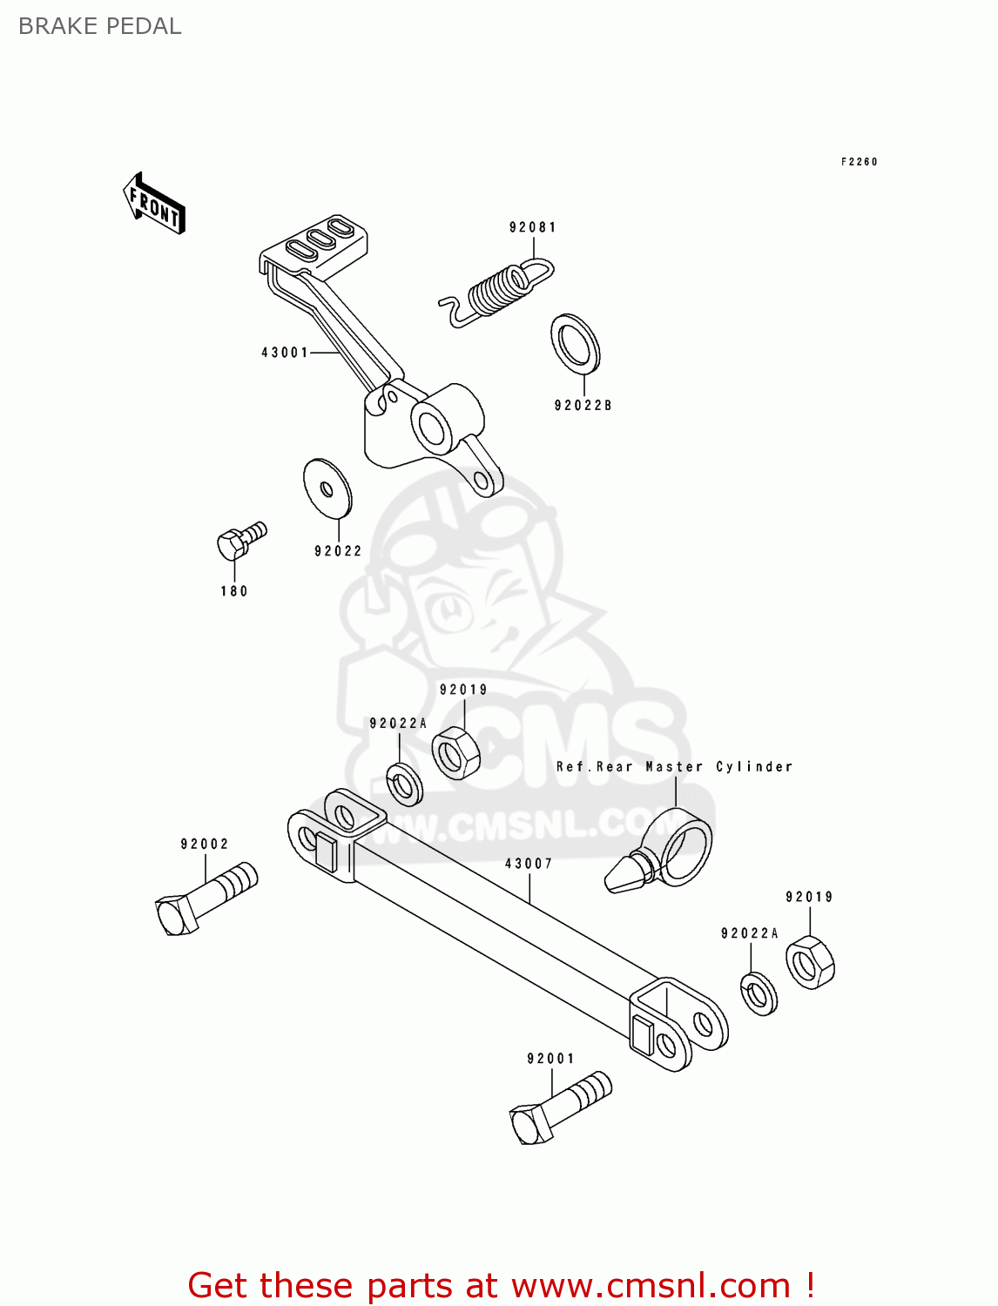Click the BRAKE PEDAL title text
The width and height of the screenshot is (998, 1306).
[x=99, y=26]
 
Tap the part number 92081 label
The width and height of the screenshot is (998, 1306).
[x=532, y=227]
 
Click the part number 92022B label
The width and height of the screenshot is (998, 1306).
[x=583, y=406]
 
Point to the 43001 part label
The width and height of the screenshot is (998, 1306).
[x=285, y=353]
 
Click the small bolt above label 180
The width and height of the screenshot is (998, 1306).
[x=239, y=540]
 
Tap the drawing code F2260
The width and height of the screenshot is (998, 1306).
[x=859, y=162]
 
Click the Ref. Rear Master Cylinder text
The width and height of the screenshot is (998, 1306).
[x=674, y=767]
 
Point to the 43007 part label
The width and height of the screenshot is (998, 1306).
[x=529, y=864]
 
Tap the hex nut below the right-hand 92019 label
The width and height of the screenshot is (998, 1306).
[x=810, y=962]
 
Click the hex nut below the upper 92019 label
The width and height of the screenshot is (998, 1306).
[x=456, y=752]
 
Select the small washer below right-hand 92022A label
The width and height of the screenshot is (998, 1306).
[x=759, y=993]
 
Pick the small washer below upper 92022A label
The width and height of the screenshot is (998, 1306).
[x=404, y=784]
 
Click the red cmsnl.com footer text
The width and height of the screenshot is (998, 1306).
[x=501, y=1285]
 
